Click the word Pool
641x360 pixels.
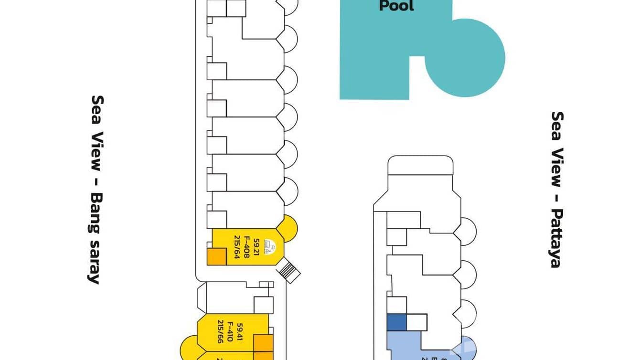tap(396, 6)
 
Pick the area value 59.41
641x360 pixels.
tap(240, 332)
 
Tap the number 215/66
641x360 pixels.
tap(220, 332)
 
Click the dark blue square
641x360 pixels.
tap(396, 322)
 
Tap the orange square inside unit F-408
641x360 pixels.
tap(216, 256)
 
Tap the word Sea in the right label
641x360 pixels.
tap(557, 126)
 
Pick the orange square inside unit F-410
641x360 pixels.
tap(263, 343)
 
